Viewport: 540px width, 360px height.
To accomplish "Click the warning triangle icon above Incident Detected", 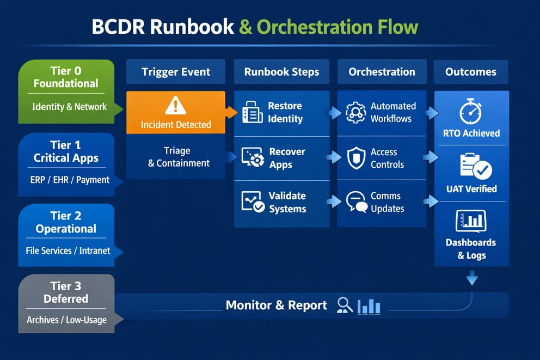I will pyautogui.click(x=175, y=105).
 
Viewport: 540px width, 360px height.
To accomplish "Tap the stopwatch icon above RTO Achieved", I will pyautogui.click(x=470, y=112).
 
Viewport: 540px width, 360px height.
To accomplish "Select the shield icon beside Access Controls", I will pyautogui.click(x=355, y=158).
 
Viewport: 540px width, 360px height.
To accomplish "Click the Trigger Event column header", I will pyautogui.click(x=175, y=72).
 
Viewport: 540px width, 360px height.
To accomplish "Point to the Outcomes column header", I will pyautogui.click(x=470, y=72).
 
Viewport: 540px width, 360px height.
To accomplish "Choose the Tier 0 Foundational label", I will pyautogui.click(x=66, y=77).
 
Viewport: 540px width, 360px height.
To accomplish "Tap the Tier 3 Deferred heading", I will pyautogui.click(x=66, y=292).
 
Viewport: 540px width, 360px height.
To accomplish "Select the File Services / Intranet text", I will pyautogui.click(x=67, y=251).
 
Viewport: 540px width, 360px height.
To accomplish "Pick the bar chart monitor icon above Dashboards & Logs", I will pyautogui.click(x=470, y=221).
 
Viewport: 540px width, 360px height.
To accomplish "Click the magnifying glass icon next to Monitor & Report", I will pyautogui.click(x=345, y=305).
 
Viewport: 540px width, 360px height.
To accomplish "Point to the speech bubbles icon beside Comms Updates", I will pyautogui.click(x=356, y=202).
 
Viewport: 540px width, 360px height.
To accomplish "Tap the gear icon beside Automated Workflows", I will pyautogui.click(x=355, y=112).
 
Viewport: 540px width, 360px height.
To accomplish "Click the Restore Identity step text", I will pyautogui.click(x=285, y=112).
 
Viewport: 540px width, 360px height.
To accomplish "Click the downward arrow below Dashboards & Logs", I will pyautogui.click(x=472, y=278).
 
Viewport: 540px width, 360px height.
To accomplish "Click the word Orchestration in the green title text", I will pyautogui.click(x=318, y=28).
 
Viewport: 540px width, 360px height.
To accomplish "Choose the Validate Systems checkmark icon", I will pyautogui.click(x=253, y=202).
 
